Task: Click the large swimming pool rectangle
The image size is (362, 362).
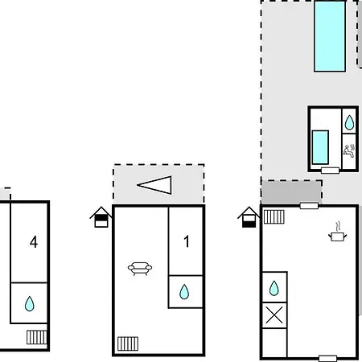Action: [x=330, y=36]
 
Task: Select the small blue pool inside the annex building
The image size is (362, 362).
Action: [x=320, y=147]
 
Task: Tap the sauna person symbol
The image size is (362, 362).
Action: [x=349, y=151]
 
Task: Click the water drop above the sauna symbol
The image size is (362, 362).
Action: [x=349, y=122]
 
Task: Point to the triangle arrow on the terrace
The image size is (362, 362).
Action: [x=154, y=185]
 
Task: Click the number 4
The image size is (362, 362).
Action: [x=34, y=242]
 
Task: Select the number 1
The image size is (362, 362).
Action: [x=187, y=241]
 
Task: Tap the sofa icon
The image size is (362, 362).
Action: [x=140, y=269]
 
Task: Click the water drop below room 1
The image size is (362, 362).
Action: [x=184, y=292]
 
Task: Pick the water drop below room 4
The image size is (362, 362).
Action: [x=30, y=303]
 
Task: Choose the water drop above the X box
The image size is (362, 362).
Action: [x=274, y=288]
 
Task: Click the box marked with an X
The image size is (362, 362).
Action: [x=274, y=315]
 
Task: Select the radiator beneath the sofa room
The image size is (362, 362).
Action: [x=128, y=343]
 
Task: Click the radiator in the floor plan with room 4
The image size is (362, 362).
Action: [x=37, y=337]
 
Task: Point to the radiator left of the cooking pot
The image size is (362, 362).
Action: [x=274, y=216]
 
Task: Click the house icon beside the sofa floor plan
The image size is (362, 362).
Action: [x=101, y=217]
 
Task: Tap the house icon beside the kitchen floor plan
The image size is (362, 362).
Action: [x=249, y=217]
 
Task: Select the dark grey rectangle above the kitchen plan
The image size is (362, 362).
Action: [x=292, y=192]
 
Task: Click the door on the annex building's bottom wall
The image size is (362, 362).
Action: [x=330, y=171]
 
